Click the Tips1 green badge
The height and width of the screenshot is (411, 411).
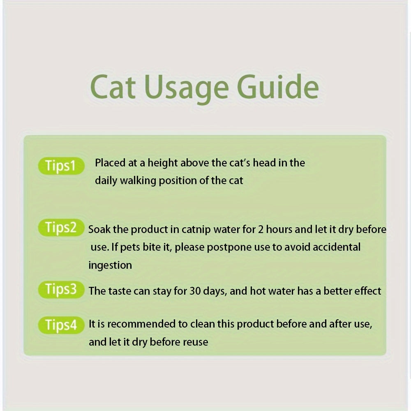(x=60, y=166)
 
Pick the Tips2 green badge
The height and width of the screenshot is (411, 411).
(x=60, y=228)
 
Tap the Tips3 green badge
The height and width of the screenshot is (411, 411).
(x=60, y=290)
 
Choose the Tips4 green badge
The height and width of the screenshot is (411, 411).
(x=60, y=325)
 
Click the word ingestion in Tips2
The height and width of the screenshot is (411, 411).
(x=110, y=266)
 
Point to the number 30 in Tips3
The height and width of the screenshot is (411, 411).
(x=196, y=291)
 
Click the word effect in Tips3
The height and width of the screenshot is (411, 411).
(x=367, y=291)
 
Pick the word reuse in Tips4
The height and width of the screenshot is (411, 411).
(x=194, y=342)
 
